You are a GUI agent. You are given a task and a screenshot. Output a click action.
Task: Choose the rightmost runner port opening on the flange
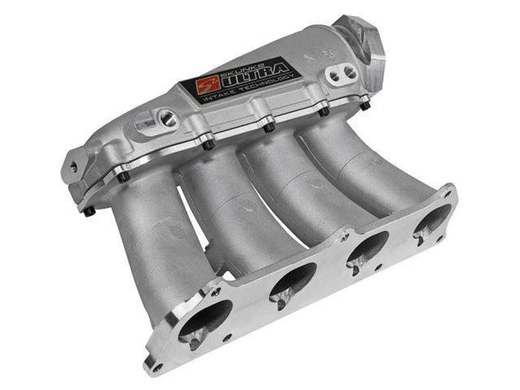pyautogui.click(x=431, y=223)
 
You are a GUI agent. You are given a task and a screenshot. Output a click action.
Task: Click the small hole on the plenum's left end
pyautogui.click(x=74, y=166)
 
